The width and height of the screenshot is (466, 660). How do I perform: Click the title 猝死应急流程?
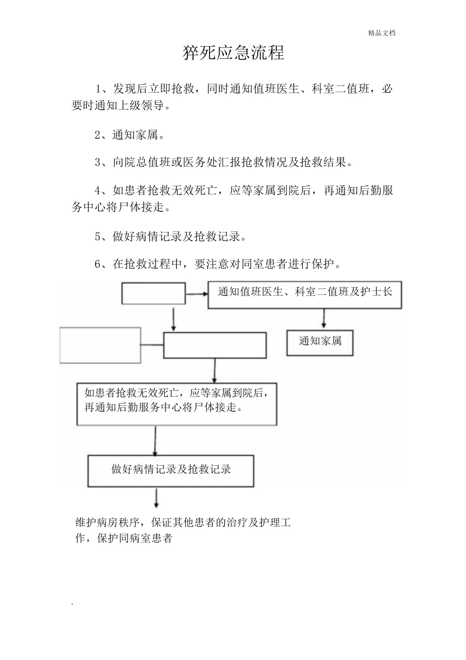coord(233,53)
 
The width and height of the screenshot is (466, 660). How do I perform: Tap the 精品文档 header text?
coord(381,33)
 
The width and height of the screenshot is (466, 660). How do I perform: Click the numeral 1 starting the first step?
coord(99,89)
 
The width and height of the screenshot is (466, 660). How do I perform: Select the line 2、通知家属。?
coord(130,135)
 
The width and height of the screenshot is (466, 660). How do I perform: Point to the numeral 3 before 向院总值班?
coord(98,162)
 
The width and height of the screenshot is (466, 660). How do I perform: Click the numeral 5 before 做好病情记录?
coord(98,237)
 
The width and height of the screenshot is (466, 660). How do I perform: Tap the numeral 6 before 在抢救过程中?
coord(98,264)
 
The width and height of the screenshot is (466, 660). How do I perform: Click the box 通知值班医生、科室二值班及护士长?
coord(305,295)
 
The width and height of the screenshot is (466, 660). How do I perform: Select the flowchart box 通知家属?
coord(320,343)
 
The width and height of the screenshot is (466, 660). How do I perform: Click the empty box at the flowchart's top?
coord(154,293)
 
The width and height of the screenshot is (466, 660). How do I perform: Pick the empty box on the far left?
coord(100,345)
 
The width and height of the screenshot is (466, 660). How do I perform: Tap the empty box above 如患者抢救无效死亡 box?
coord(214,345)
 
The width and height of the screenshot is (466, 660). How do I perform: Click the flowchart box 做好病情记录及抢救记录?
coord(171,470)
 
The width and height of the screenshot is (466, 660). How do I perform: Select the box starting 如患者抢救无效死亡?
coord(176,403)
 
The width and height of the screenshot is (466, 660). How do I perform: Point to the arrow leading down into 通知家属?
coord(323,319)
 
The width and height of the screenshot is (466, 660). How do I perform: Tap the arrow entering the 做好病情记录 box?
coord(155,441)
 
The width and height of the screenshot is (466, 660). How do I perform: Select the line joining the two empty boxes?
coord(152,345)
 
